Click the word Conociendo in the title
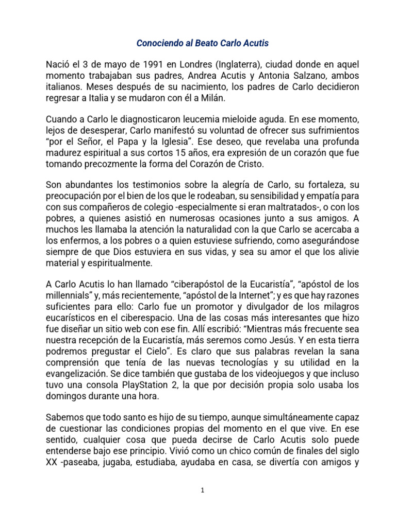[158, 43]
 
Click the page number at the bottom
[203, 490]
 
